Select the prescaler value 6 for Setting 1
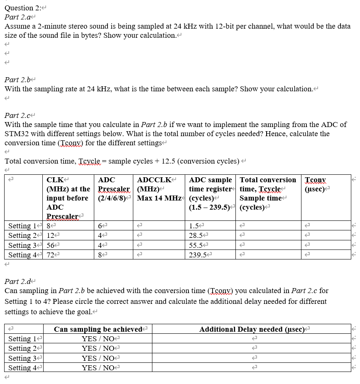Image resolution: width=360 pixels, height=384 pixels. tap(100, 226)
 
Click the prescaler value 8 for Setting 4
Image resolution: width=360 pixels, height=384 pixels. tap(100, 255)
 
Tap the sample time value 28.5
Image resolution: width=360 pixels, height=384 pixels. tap(195, 236)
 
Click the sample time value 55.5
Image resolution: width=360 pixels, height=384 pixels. tap(195, 245)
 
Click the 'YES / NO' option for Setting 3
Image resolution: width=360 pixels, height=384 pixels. tap(98, 358)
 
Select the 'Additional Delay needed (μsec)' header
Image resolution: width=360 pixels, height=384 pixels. tap(253, 329)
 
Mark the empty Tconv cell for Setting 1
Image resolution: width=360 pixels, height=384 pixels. tap(326, 226)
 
